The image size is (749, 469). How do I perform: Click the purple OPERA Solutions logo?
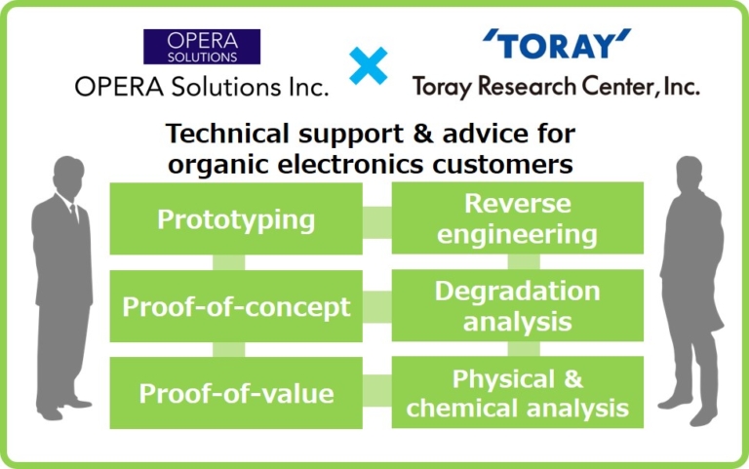pos(201,46)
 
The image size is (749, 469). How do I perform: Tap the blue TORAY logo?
pos(557,45)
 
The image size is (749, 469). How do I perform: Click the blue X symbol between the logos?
pos(368,65)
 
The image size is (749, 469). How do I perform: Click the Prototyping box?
pos(236,219)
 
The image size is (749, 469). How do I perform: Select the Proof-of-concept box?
pos(236,307)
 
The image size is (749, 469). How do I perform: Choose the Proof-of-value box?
pos(236,393)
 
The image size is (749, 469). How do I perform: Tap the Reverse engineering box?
pos(517,219)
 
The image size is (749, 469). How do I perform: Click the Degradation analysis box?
pos(517,306)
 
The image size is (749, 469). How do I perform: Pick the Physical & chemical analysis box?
pos(517,393)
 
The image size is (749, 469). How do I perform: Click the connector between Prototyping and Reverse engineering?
pos(376,220)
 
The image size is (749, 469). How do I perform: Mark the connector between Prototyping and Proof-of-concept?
pos(228,262)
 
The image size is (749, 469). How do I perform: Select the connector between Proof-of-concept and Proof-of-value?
pos(228,349)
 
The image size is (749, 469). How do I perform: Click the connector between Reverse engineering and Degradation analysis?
pos(524,261)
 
